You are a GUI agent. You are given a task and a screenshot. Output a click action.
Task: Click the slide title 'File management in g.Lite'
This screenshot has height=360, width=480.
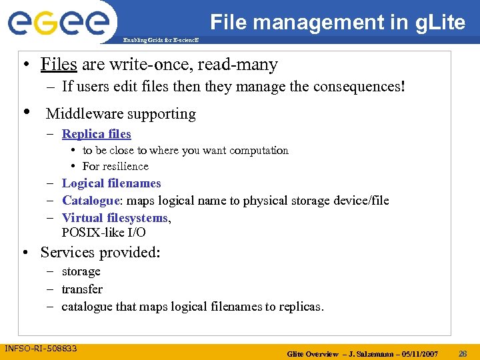click(337, 23)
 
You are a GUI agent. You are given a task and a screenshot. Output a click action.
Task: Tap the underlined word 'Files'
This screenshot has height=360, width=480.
click(59, 65)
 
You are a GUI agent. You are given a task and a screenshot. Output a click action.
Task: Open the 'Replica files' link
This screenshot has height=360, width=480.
click(96, 134)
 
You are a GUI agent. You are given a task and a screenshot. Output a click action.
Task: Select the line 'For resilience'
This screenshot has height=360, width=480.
click(115, 167)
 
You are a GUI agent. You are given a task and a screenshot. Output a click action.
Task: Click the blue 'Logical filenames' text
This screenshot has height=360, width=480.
click(111, 183)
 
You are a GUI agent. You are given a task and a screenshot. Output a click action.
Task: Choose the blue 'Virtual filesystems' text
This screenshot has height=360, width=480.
click(115, 217)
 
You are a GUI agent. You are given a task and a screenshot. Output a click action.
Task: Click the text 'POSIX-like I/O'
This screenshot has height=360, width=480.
click(103, 233)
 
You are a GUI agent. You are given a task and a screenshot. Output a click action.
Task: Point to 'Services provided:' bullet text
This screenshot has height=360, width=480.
click(100, 253)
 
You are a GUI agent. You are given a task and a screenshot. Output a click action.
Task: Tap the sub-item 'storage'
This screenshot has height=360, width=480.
click(81, 272)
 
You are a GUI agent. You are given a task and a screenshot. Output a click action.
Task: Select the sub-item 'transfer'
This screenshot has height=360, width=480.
click(82, 289)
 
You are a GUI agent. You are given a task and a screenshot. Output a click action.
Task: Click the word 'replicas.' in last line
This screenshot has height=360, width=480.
click(301, 307)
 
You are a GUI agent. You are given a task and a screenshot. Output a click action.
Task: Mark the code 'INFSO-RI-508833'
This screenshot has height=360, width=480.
click(41, 349)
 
